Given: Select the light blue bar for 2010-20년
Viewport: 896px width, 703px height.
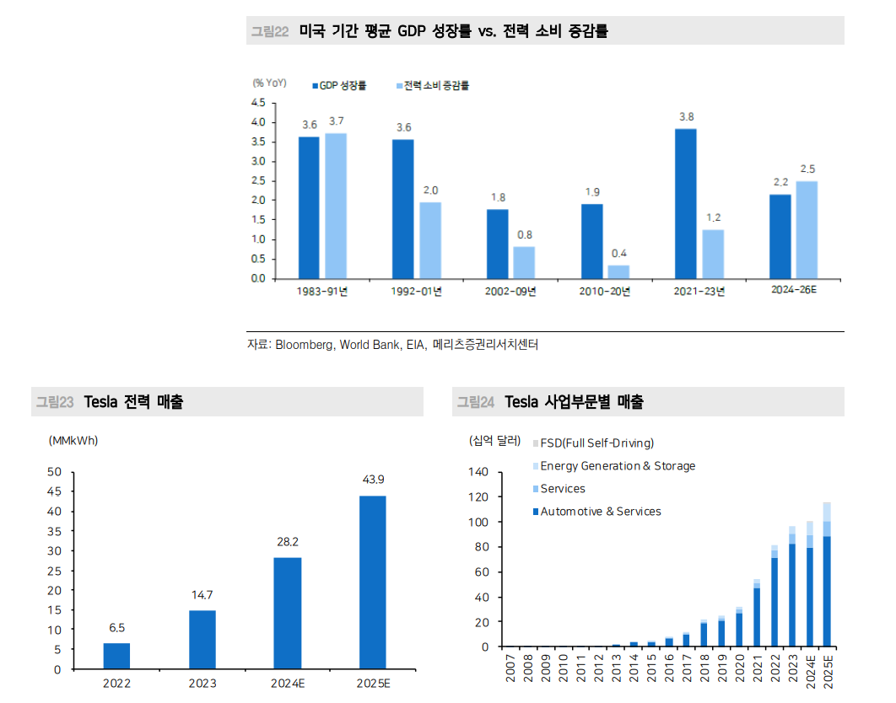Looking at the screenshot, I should point(618,271).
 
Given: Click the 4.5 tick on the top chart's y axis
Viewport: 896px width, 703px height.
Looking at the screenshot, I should point(257,103).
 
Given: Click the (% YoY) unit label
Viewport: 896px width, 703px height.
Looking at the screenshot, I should point(269,83).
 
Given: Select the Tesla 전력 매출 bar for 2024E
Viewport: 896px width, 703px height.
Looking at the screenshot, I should point(288,613).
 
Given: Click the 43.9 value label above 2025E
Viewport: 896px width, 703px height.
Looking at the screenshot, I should point(373,480).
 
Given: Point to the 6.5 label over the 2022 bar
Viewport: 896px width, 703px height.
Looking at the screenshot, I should point(116,627).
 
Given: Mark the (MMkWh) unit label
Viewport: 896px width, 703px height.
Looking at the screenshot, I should point(73,441).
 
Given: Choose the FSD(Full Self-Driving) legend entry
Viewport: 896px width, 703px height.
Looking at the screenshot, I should point(596,443).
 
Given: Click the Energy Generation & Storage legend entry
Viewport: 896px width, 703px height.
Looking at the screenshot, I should point(617,466).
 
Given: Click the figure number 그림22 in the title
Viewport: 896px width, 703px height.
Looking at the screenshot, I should point(270,31).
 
